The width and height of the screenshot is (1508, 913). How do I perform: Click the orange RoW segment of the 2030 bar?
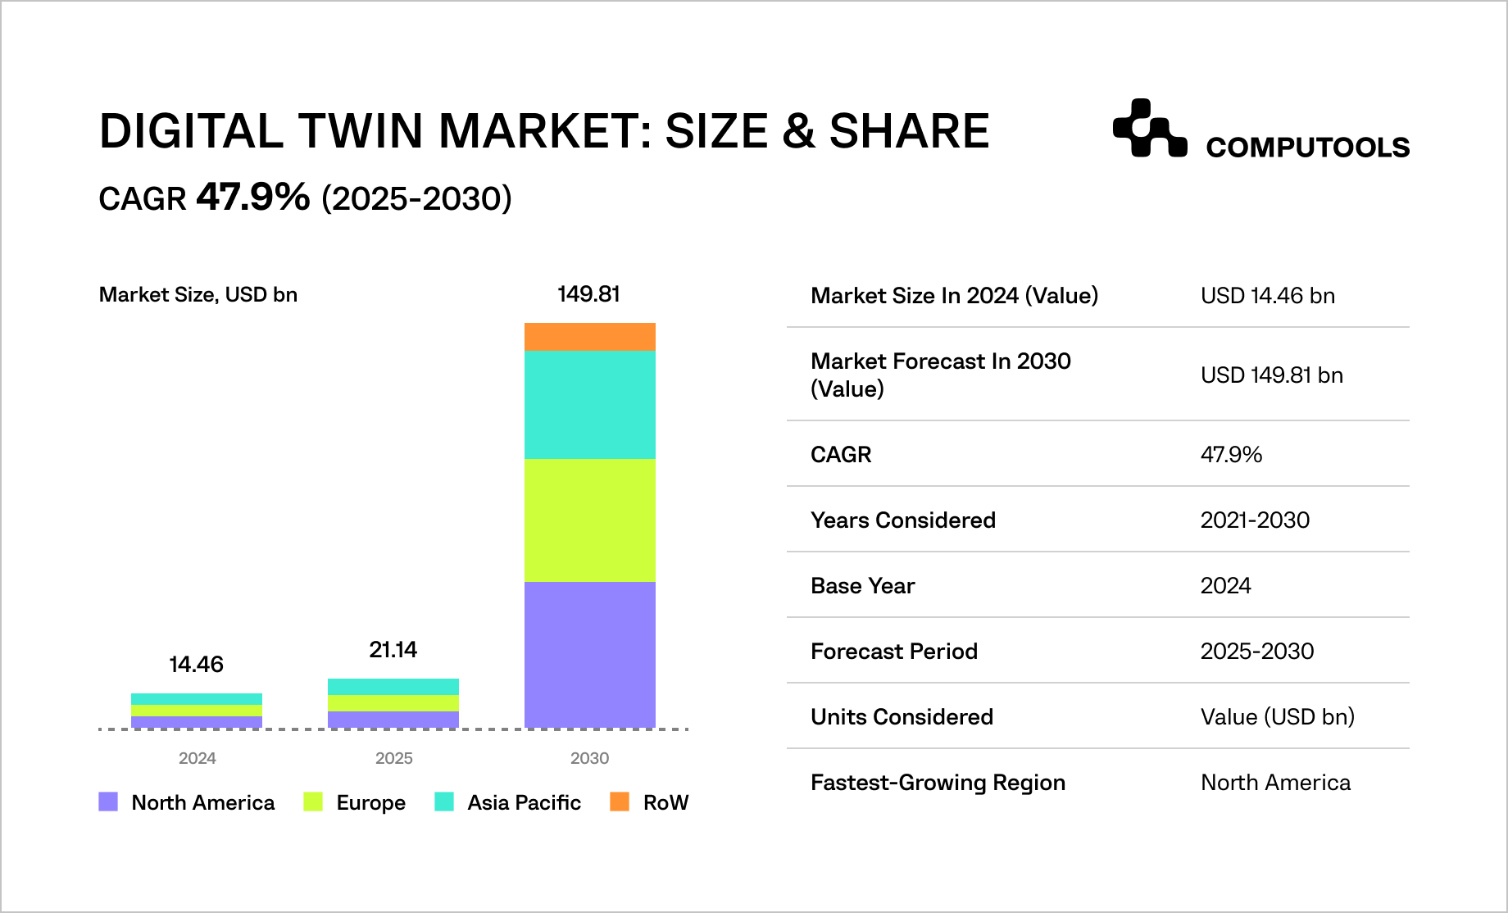[589, 337]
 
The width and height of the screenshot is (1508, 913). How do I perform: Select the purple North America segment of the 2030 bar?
[589, 654]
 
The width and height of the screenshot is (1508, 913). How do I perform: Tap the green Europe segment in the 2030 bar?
[589, 520]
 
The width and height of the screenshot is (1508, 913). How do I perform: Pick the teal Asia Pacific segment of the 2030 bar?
[589, 404]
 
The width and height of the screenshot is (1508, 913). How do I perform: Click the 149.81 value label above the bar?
[588, 294]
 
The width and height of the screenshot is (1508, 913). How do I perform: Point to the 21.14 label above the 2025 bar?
[393, 650]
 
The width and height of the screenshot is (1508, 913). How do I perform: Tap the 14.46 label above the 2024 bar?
[196, 665]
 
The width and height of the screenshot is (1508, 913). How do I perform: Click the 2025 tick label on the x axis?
[393, 758]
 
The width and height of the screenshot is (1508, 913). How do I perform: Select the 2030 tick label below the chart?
[589, 758]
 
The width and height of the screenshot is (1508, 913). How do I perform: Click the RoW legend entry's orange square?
[620, 802]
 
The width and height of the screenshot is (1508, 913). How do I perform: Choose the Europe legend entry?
[370, 802]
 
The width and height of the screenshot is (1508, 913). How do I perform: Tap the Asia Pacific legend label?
[524, 802]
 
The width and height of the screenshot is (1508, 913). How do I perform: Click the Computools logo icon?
[1149, 128]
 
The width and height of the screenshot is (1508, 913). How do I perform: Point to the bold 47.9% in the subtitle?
[253, 197]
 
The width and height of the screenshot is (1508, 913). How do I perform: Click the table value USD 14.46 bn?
[1267, 296]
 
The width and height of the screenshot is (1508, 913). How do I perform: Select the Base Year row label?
[862, 586]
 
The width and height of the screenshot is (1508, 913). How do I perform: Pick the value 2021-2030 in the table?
[1255, 520]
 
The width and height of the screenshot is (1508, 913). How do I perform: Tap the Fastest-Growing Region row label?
[938, 783]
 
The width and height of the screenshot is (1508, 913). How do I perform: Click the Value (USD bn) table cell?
[1277, 717]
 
